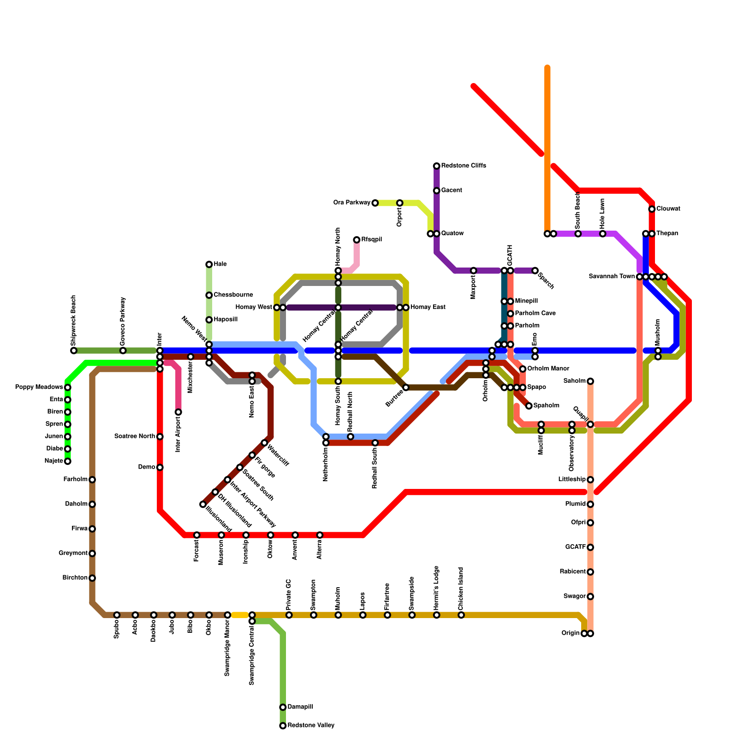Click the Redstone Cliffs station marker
click(x=436, y=166)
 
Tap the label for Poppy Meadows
click(x=39, y=387)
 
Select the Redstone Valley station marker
click(x=283, y=726)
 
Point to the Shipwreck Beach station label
click(x=74, y=321)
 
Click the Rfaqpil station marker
click(x=357, y=240)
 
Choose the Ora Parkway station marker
click(x=375, y=203)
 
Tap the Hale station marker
click(x=209, y=264)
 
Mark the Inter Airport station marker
click(x=178, y=412)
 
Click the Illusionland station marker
click(x=203, y=505)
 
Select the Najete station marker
click(x=68, y=461)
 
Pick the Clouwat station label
click(x=668, y=209)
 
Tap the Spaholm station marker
click(x=529, y=406)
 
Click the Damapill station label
click(x=300, y=707)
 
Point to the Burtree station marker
click(x=406, y=387)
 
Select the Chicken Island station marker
click(x=461, y=615)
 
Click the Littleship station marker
click(x=590, y=480)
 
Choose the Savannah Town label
click(x=612, y=277)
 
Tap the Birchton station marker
click(x=92, y=578)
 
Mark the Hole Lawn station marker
click(x=603, y=234)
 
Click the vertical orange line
click(x=548, y=148)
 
